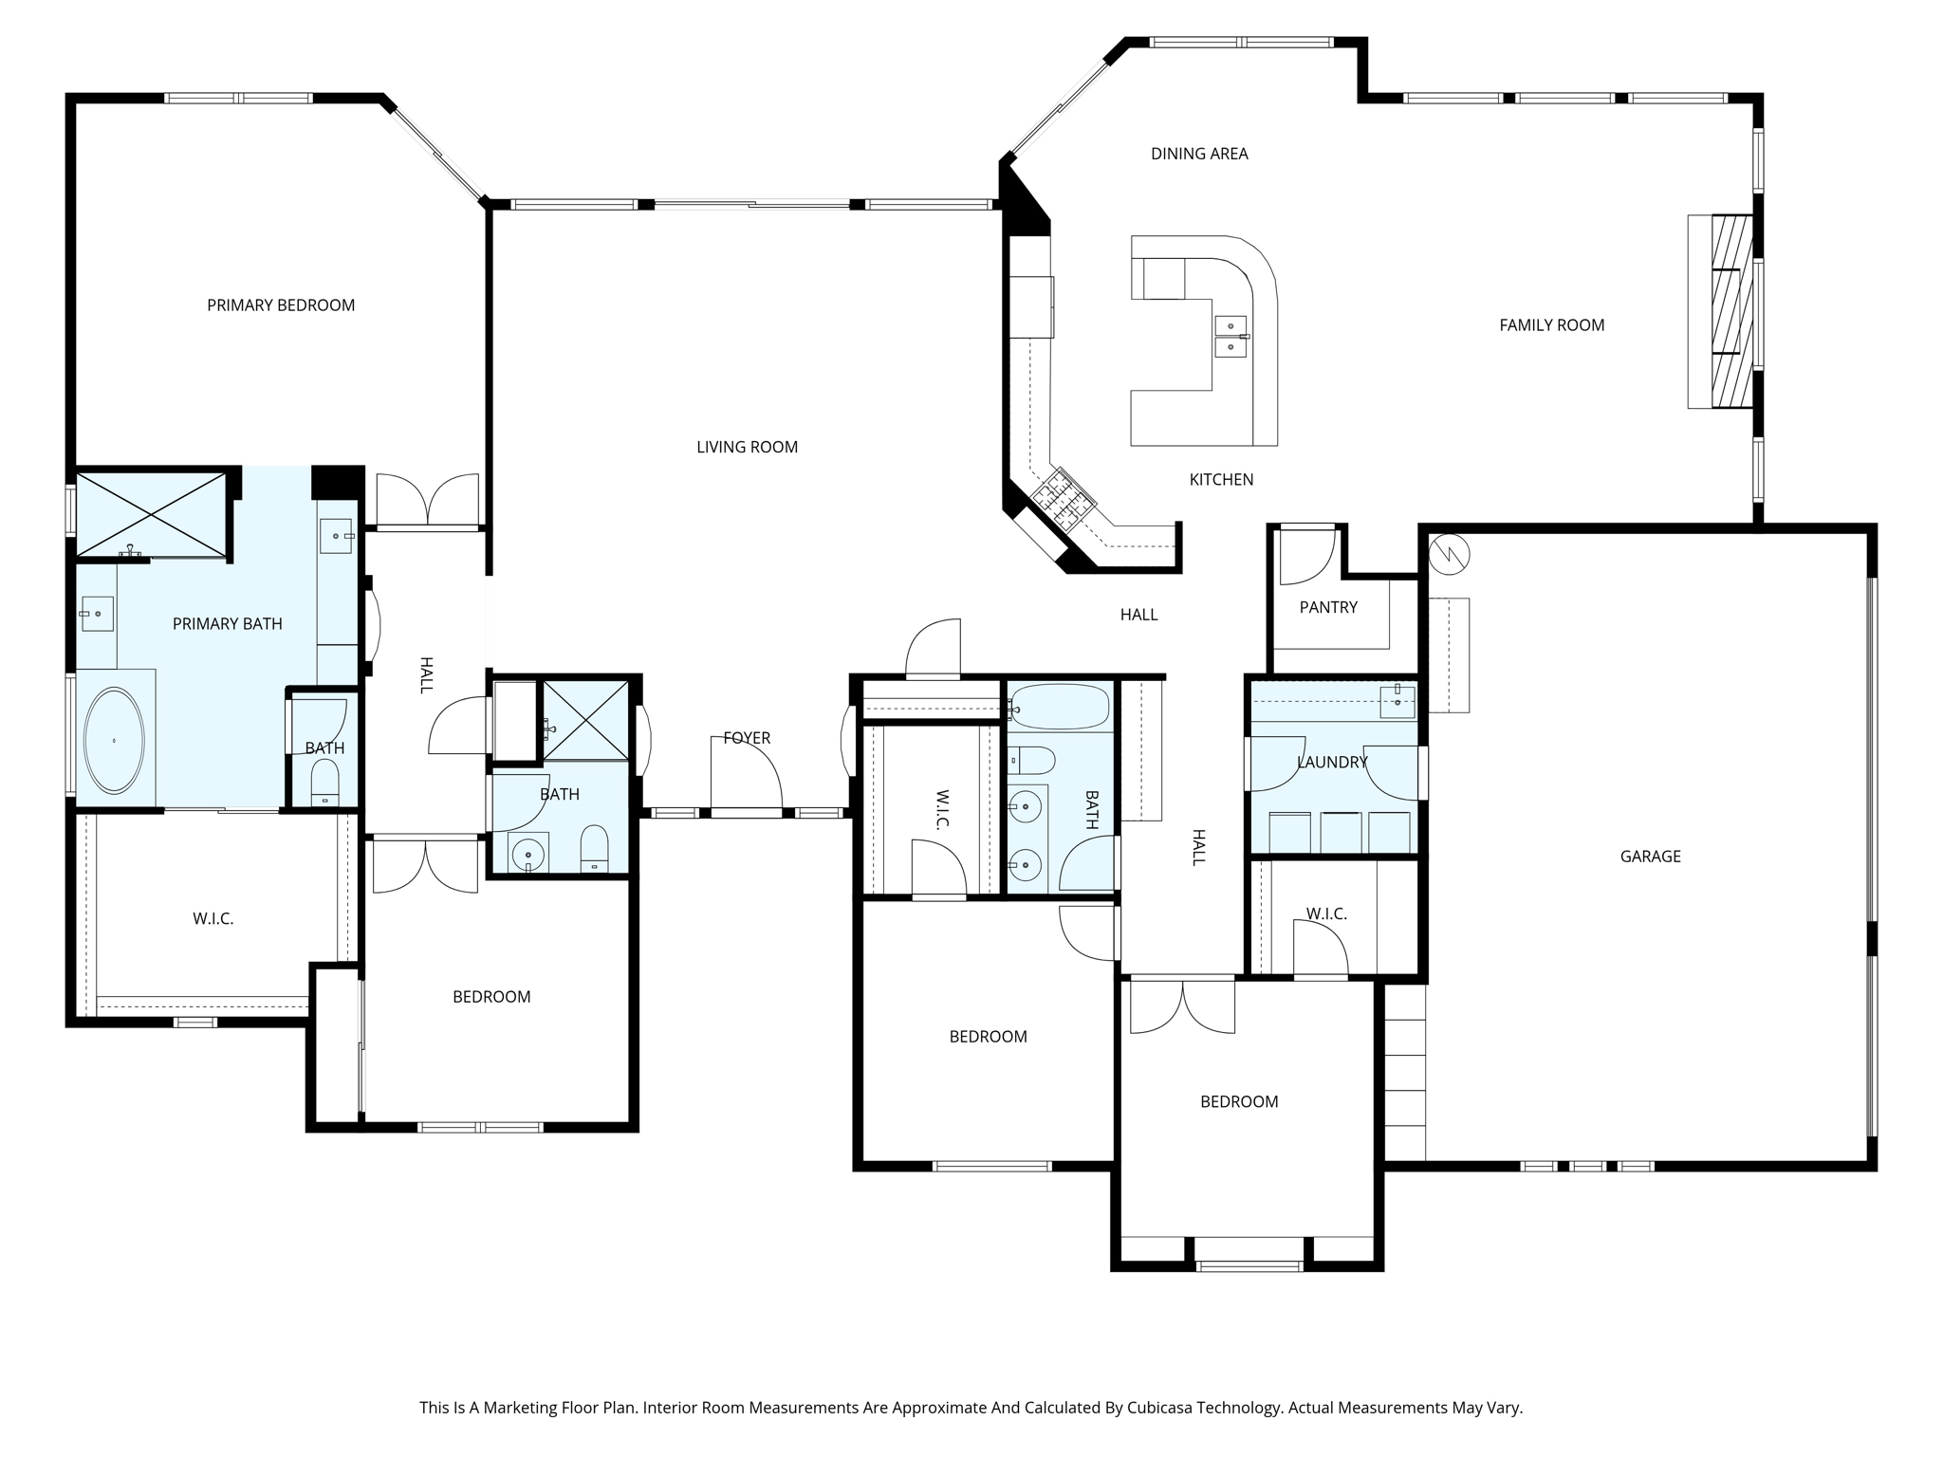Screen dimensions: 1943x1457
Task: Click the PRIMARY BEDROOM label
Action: coord(281,304)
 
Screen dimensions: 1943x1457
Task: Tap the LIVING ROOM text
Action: coord(747,447)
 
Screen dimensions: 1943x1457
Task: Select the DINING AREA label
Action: coord(1199,154)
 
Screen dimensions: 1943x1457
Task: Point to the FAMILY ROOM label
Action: coord(1551,325)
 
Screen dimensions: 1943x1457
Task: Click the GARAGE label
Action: coord(1650,857)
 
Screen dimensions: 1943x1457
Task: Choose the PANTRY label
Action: coord(1328,607)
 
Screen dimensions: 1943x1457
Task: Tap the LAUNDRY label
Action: coord(1332,762)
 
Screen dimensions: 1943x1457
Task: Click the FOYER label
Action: coord(747,738)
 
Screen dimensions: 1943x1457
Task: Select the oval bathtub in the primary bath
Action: coord(115,740)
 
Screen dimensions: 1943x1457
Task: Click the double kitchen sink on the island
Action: coord(1231,337)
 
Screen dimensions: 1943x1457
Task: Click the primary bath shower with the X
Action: coord(152,514)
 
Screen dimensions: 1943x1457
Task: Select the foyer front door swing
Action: coord(748,774)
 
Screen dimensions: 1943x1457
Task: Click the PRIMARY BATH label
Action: coord(228,624)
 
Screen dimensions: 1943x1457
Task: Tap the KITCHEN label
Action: coord(1221,480)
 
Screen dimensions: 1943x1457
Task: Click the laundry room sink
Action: coord(1397,701)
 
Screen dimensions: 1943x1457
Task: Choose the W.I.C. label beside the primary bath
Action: coord(213,919)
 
